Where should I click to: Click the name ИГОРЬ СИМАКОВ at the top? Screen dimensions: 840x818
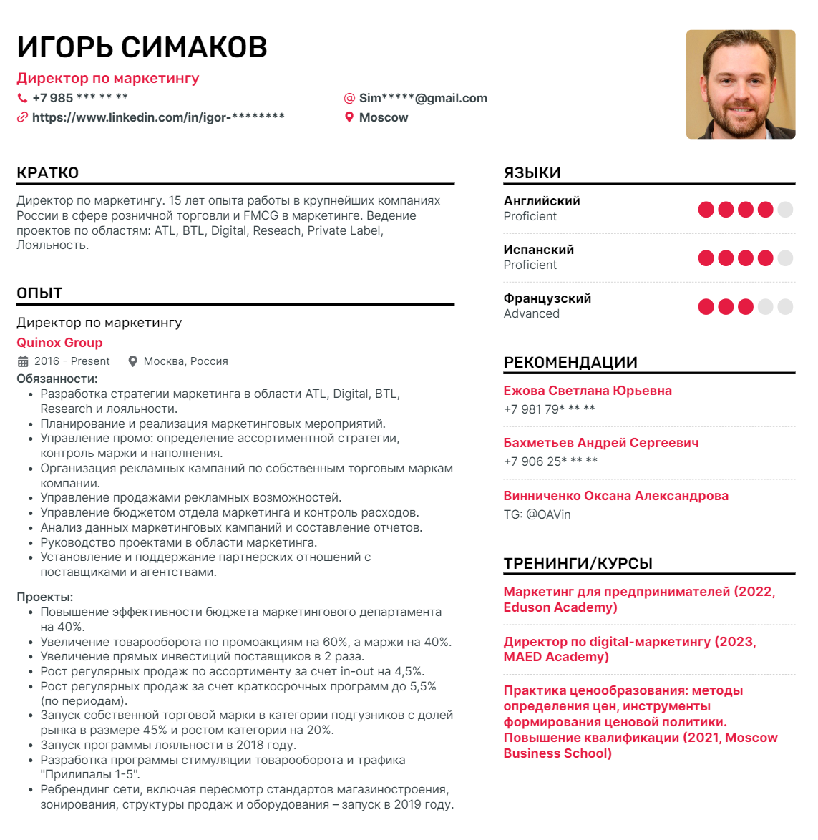[142, 47]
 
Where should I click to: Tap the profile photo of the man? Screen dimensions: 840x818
[740, 84]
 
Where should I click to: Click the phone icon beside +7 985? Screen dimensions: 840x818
[22, 98]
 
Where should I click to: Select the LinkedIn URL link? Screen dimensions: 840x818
[158, 117]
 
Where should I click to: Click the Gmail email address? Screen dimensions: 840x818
[423, 98]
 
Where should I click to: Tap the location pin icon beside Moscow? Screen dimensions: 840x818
[349, 117]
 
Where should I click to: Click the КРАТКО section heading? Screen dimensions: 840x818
[48, 173]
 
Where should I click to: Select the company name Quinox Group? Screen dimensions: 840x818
[59, 343]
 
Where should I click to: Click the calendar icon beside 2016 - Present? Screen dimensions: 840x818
[23, 361]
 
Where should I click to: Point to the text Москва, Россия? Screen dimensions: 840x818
[185, 361]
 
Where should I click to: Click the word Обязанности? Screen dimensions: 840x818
[57, 379]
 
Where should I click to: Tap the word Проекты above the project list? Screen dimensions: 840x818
[44, 597]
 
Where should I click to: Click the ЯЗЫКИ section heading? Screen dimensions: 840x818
[532, 173]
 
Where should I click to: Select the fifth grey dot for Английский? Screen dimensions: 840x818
[785, 210]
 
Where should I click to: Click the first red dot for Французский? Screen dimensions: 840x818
[706, 307]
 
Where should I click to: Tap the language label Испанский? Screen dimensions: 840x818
[539, 250]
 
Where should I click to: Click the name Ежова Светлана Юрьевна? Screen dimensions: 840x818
[588, 391]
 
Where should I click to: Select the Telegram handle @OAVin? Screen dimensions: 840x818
[548, 514]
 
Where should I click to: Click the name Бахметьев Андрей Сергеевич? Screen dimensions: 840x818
[601, 443]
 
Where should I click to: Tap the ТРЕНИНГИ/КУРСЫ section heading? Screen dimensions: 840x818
[578, 564]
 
